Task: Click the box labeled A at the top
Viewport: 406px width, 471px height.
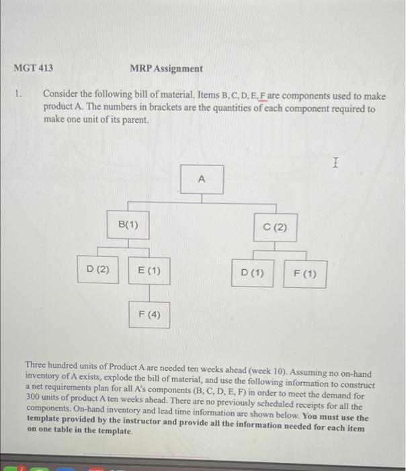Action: click(202, 180)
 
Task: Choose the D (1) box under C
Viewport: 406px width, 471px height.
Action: click(252, 274)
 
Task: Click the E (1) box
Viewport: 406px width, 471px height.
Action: click(149, 270)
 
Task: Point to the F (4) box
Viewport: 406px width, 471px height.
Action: click(149, 314)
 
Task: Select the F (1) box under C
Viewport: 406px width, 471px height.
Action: click(305, 274)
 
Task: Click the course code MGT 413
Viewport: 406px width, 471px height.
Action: click(33, 68)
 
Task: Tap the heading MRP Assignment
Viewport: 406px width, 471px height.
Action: click(166, 68)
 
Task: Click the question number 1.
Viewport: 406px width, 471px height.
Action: click(19, 96)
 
